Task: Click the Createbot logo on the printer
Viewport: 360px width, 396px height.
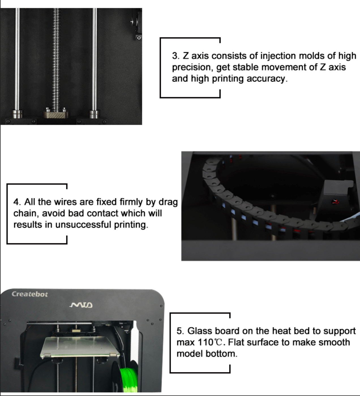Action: pos(30,294)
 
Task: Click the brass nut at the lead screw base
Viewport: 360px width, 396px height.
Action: pos(55,114)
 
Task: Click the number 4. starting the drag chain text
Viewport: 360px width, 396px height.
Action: pos(17,202)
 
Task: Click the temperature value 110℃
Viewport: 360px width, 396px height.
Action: pos(210,342)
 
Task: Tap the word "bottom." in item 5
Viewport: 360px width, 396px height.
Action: pos(222,354)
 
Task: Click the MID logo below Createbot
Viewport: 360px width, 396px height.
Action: pos(81,305)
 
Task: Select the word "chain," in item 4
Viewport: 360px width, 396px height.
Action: pos(26,213)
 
